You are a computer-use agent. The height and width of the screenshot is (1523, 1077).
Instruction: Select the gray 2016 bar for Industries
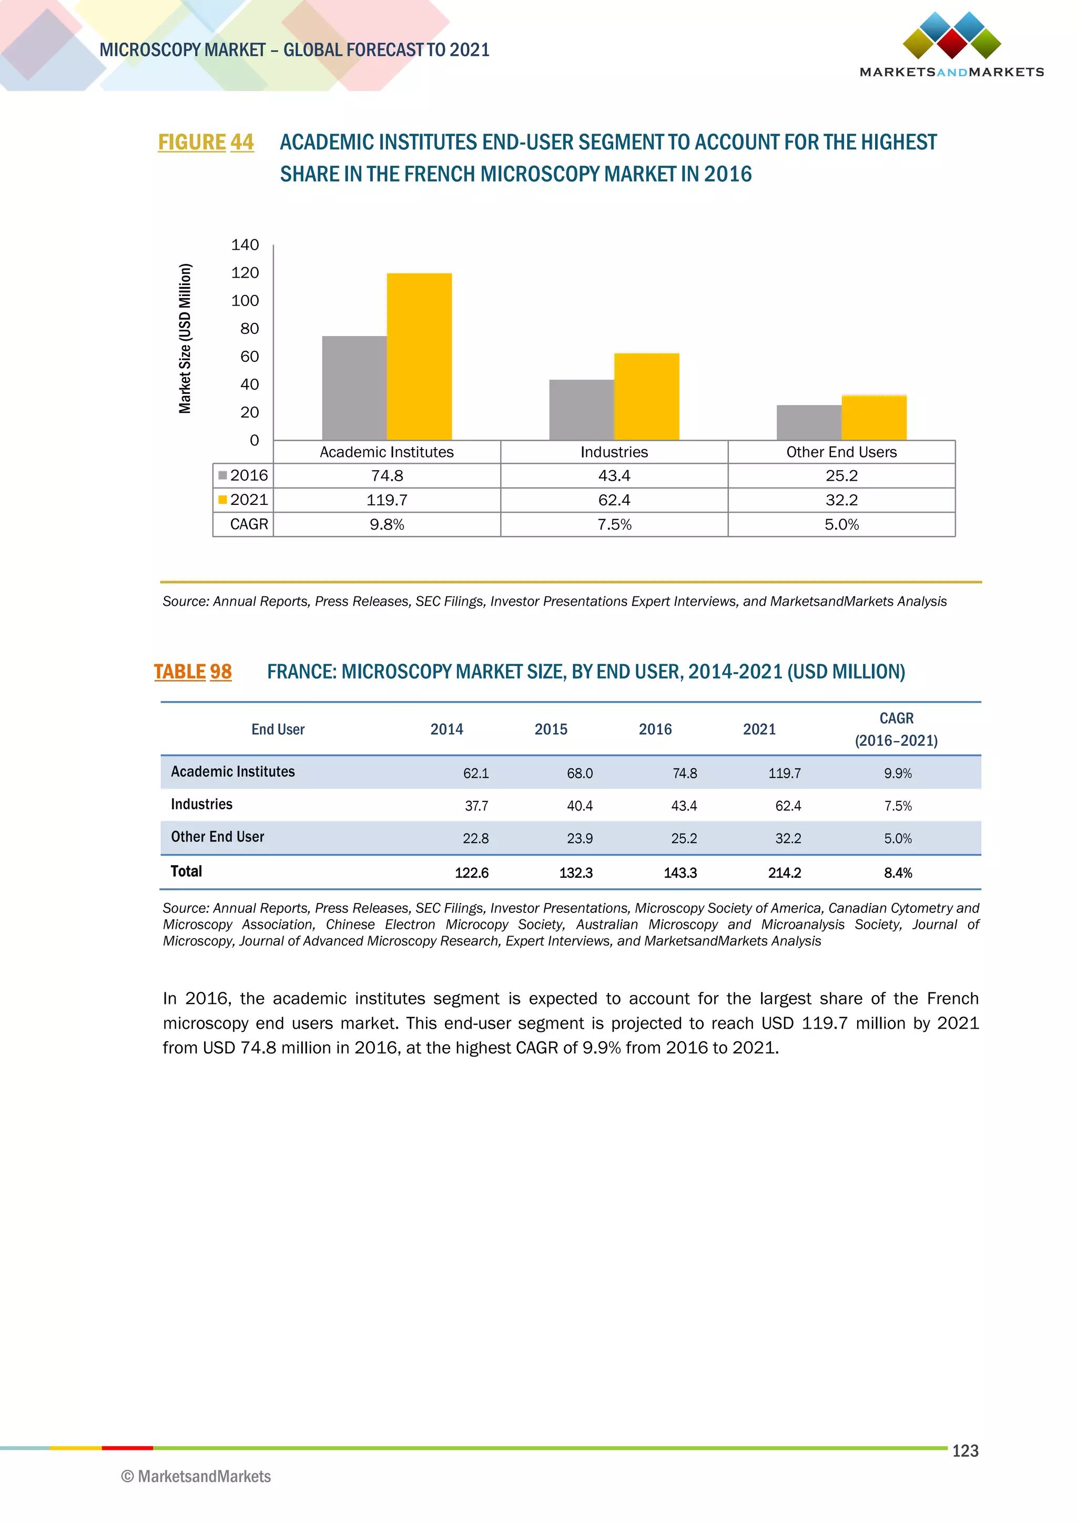pos(582,409)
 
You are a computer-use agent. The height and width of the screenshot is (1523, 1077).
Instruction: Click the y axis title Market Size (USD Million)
pos(185,338)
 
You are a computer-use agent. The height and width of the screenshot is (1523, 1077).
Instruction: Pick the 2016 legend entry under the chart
pos(243,475)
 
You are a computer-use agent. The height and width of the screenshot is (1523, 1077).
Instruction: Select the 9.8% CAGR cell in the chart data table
pos(387,525)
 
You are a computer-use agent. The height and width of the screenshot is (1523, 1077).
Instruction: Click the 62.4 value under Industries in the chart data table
pos(614,500)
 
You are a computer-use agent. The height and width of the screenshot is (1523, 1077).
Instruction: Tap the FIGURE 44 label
pos(206,142)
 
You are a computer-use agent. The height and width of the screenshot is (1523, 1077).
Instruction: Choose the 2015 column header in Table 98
pos(551,729)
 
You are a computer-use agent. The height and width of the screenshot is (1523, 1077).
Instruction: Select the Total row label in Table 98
pos(186,871)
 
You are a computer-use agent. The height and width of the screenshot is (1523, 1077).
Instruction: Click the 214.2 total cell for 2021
pos(784,873)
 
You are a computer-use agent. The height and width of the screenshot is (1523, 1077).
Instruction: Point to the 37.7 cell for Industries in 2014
pos(476,806)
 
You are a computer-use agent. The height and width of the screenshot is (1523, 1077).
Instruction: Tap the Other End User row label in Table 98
pos(218,837)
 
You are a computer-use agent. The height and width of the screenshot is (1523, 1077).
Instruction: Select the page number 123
pos(965,1451)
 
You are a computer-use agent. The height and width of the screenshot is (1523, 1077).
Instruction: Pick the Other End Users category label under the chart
pos(841,452)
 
